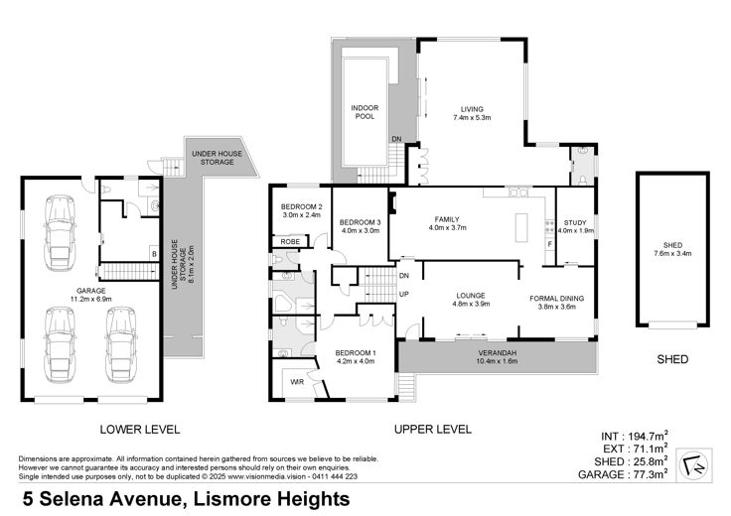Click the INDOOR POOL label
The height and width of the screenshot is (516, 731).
click(x=365, y=112)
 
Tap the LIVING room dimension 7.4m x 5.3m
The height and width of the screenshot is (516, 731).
click(x=472, y=118)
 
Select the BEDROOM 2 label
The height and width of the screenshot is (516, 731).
click(x=302, y=206)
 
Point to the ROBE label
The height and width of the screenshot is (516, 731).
click(x=290, y=242)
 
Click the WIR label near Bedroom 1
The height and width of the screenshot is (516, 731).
click(x=297, y=382)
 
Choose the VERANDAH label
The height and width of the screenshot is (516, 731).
click(x=498, y=353)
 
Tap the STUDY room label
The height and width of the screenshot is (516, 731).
click(x=575, y=222)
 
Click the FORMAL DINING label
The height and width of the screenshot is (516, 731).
click(x=556, y=298)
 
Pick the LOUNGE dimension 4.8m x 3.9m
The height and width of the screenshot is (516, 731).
click(x=471, y=304)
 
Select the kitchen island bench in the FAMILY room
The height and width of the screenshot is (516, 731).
click(x=521, y=227)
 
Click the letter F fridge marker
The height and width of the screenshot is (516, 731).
click(x=550, y=243)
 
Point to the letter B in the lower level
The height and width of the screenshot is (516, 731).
click(x=154, y=254)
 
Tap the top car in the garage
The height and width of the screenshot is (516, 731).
click(x=61, y=233)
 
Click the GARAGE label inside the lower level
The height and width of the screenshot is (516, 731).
click(x=91, y=291)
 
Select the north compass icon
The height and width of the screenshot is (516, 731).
click(x=693, y=464)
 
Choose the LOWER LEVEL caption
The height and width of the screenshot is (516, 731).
click(x=140, y=430)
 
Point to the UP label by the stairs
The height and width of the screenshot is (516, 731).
click(x=404, y=295)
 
